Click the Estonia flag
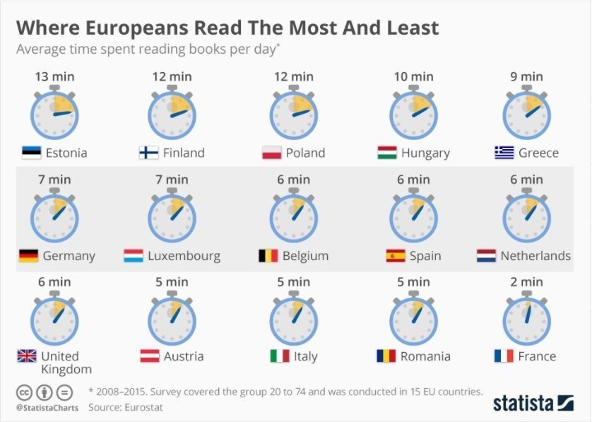point(31,152)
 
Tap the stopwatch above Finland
point(172,114)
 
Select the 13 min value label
point(54,76)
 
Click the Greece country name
point(538,153)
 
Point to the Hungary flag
point(386,153)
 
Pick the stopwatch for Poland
point(293,114)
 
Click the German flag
point(28,256)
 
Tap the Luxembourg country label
point(184,256)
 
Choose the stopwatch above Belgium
point(293,216)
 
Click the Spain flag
point(396,256)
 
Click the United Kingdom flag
point(27,356)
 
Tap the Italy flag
point(280,356)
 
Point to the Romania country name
point(425,356)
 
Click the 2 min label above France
point(526,282)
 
